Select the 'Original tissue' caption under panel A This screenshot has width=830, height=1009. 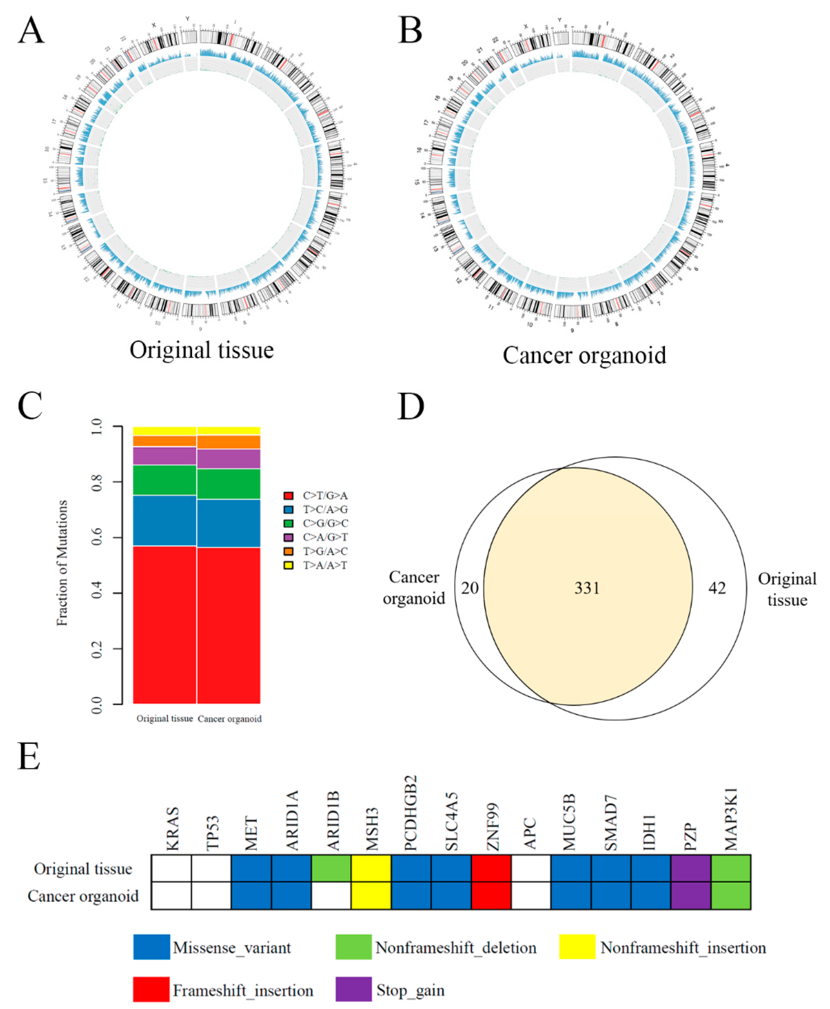pyautogui.click(x=202, y=350)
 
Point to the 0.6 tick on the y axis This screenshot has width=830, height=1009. pyautogui.click(x=97, y=537)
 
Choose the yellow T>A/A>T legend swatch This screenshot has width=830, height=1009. pyautogui.click(x=288, y=565)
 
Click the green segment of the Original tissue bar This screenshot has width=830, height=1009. pyautogui.click(x=164, y=480)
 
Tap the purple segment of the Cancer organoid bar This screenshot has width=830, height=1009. pyautogui.click(x=229, y=458)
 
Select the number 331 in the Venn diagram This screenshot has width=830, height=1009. pyautogui.click(x=587, y=588)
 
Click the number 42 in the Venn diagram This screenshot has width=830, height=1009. pyautogui.click(x=717, y=588)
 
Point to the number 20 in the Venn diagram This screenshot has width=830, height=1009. pyautogui.click(x=470, y=588)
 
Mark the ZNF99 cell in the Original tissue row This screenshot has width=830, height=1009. pyautogui.click(x=491, y=868)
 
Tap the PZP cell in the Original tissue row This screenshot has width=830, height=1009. pyautogui.click(x=690, y=868)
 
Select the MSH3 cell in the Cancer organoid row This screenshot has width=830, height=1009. pyautogui.click(x=371, y=895)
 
